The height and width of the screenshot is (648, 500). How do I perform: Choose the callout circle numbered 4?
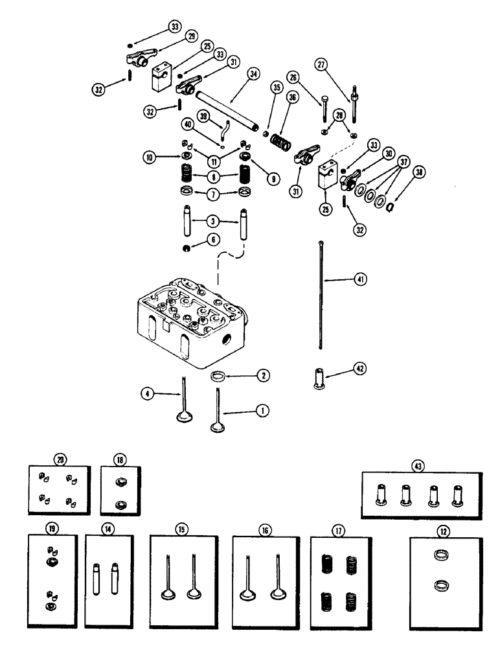[148, 392]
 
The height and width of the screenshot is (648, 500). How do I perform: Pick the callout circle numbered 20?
[60, 459]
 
